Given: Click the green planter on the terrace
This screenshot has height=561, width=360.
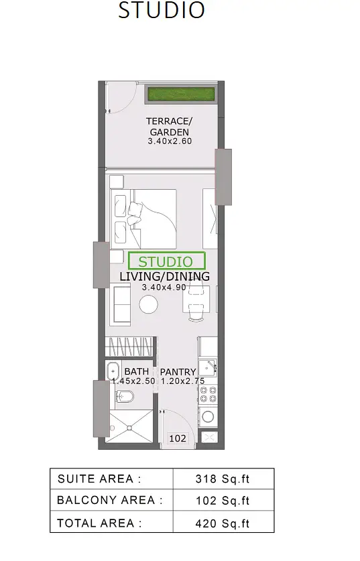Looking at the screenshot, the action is click(x=182, y=95).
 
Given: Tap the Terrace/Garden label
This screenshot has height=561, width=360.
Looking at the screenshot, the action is click(x=169, y=126).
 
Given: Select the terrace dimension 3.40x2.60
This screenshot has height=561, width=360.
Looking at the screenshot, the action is click(x=170, y=141).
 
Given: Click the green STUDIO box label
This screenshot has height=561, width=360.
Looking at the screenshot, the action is click(x=166, y=261).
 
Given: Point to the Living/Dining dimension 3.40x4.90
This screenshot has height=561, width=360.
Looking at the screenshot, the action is click(x=164, y=288).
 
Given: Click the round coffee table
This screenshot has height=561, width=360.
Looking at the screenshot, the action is click(x=149, y=305).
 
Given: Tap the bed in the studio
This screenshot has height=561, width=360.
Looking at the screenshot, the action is click(x=143, y=219).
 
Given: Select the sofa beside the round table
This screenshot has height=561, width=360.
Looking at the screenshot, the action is click(x=120, y=304).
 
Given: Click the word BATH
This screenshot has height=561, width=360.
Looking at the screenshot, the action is click(x=136, y=372).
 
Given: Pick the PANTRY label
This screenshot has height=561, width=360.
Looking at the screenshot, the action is click(x=178, y=372).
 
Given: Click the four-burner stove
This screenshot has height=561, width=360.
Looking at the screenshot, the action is click(x=208, y=394).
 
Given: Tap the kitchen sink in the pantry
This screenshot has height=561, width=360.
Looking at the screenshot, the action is click(x=208, y=367).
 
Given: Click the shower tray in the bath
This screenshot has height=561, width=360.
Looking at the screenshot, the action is click(x=129, y=427).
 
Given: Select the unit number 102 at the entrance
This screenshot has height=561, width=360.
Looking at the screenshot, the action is click(x=178, y=438).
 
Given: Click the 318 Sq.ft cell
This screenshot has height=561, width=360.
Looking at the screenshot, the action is click(x=222, y=479).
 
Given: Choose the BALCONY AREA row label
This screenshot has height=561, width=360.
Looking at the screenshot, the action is click(x=109, y=500).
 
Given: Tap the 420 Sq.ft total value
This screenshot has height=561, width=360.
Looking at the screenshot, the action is click(x=222, y=523).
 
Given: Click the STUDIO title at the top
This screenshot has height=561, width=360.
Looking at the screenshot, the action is click(x=162, y=10).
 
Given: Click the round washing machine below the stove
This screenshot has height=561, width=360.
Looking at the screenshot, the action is click(x=208, y=416).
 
